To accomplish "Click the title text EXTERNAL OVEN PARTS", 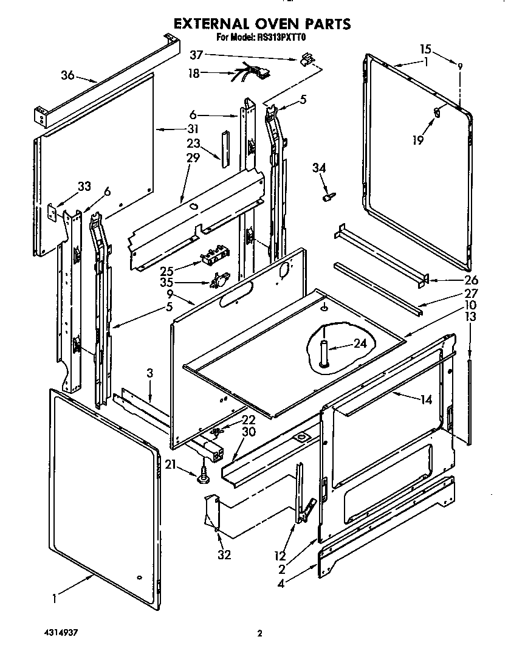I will [x=262, y=24].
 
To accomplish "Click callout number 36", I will [x=67, y=75].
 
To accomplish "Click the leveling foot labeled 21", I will [x=202, y=478].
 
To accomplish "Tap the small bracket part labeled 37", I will [x=307, y=59].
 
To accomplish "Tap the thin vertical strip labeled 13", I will [x=468, y=401].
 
